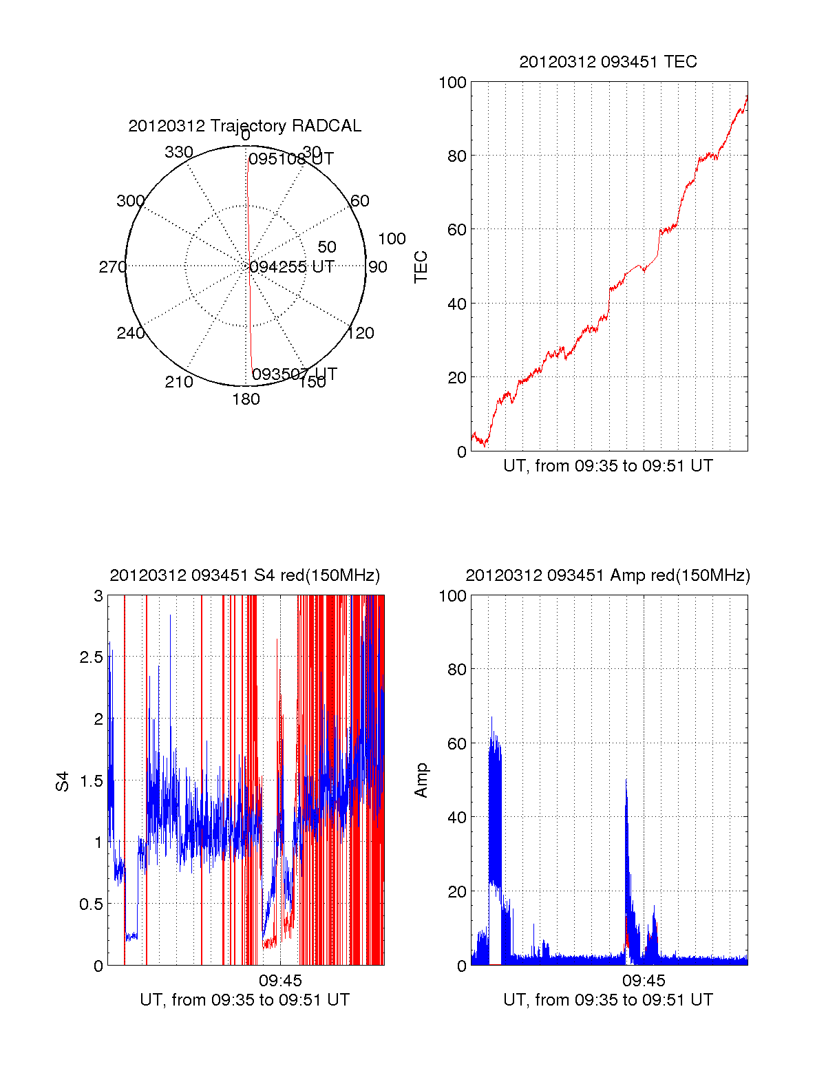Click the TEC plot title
tap(608, 62)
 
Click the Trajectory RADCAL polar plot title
tap(244, 126)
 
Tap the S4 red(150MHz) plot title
tap(244, 575)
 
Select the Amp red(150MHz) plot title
tap(608, 575)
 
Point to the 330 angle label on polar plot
tap(178, 152)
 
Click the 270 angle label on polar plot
tap(112, 267)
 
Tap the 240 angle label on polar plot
tap(130, 333)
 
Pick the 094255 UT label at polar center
tap(292, 267)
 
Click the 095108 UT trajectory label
tap(290, 159)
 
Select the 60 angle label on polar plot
tap(360, 201)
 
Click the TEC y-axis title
tap(421, 267)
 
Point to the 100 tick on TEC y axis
tap(452, 83)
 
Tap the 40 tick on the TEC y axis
tap(457, 304)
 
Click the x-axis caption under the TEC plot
tap(608, 466)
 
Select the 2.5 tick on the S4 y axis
tap(91, 657)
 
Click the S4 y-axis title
tap(63, 780)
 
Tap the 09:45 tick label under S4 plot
tap(280, 980)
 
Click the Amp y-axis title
tap(421, 780)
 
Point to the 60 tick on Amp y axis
tap(457, 743)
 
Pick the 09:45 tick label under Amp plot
tap(644, 980)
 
